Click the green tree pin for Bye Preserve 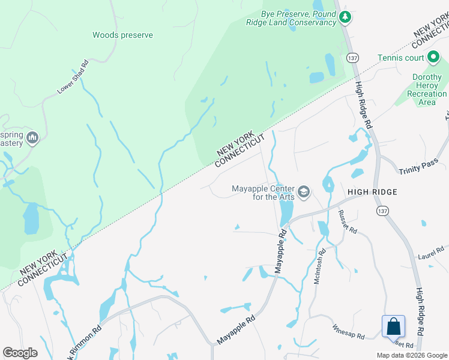pyautogui.click(x=345, y=17)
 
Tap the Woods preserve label pyautogui.click(x=122, y=35)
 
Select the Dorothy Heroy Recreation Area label pyautogui.click(x=427, y=90)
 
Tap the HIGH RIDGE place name pyautogui.click(x=372, y=191)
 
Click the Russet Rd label pyautogui.click(x=347, y=222)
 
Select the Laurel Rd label pyautogui.click(x=431, y=253)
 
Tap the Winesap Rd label pyautogui.click(x=349, y=332)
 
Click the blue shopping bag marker pyautogui.click(x=394, y=327)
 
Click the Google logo pyautogui.click(x=20, y=352)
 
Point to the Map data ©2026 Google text pyautogui.click(x=411, y=355)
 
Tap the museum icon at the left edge pyautogui.click(x=32, y=139)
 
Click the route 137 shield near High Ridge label pyautogui.click(x=382, y=211)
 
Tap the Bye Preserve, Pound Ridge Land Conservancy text pyautogui.click(x=298, y=18)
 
